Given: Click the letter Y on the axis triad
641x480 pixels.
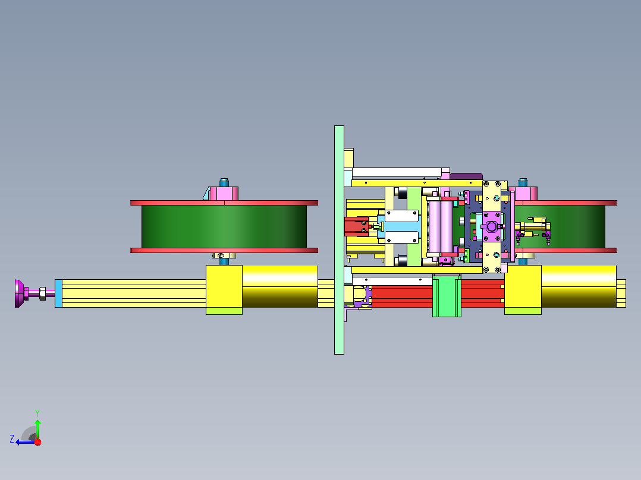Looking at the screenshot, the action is tap(37, 413).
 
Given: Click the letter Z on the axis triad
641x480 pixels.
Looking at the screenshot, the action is tap(12, 439).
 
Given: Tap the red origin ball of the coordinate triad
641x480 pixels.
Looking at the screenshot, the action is tap(38, 442).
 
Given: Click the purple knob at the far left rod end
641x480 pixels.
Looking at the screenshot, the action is tap(19, 293).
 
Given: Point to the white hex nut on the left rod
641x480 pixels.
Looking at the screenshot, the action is tap(42, 293).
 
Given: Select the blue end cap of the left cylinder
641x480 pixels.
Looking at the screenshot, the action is tap(58, 293).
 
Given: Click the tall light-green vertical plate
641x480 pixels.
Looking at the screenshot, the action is tap(339, 240).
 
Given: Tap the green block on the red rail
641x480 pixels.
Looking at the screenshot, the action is tap(447, 296).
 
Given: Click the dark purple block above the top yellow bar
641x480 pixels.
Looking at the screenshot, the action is tap(466, 176).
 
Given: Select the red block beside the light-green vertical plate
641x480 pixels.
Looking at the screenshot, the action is tap(357, 227).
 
